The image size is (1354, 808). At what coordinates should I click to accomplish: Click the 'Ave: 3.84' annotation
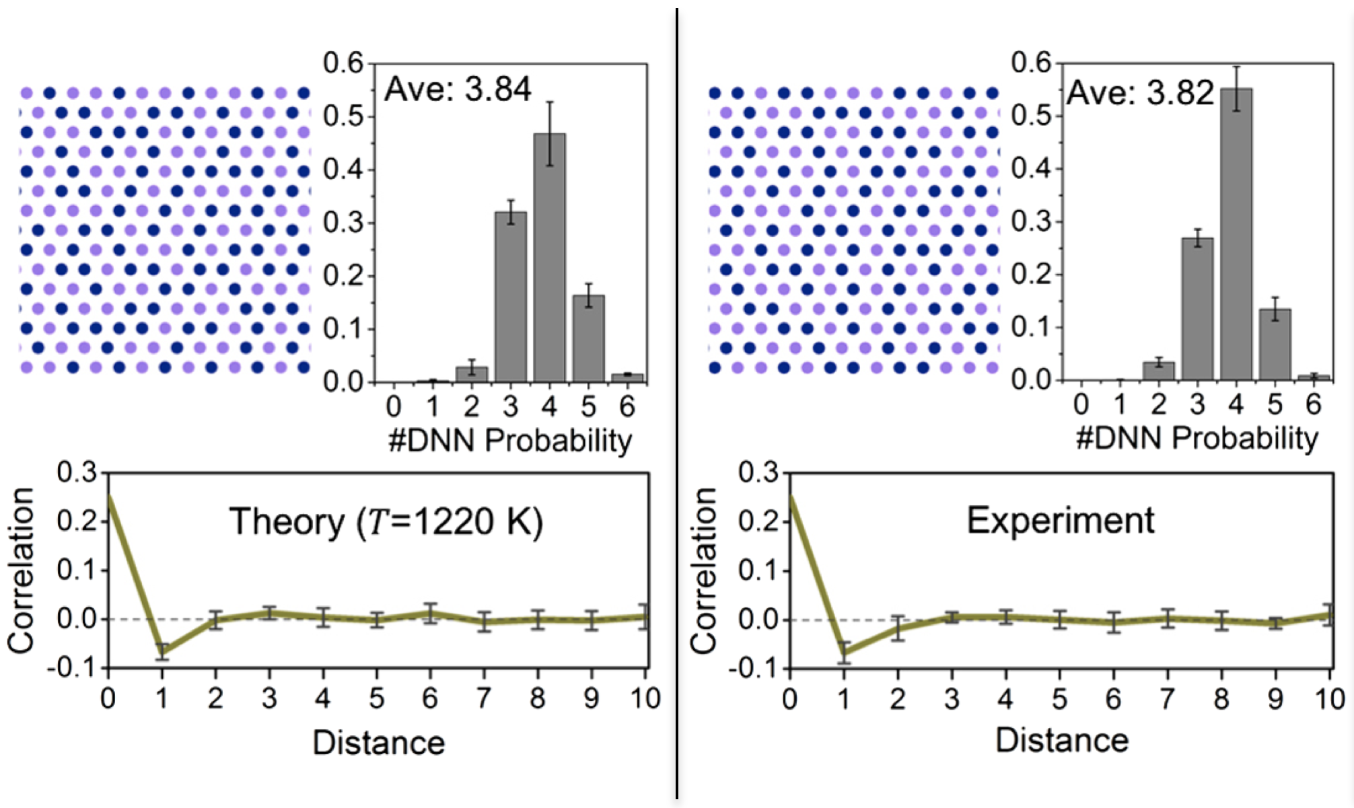(x=458, y=89)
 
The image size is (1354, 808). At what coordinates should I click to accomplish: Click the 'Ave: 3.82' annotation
(x=1140, y=93)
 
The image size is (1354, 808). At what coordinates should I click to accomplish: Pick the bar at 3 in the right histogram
(x=1198, y=309)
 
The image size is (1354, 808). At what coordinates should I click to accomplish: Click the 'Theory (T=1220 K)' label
(x=386, y=522)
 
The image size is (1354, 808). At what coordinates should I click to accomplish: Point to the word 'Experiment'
(x=1061, y=520)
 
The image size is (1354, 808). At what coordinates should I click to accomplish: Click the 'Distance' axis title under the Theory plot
(x=379, y=743)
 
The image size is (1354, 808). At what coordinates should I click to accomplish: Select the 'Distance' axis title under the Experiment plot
(x=1062, y=740)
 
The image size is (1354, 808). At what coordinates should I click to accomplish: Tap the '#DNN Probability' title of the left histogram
(x=510, y=441)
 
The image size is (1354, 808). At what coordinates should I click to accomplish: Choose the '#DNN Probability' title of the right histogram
(x=1197, y=438)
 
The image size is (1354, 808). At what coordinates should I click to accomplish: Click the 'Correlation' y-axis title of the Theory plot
(x=22, y=570)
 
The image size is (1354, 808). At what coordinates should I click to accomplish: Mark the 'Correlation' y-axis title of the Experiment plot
(x=704, y=570)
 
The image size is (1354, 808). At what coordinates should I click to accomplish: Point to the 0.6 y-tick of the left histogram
(x=343, y=63)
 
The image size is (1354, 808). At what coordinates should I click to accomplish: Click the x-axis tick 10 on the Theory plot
(x=645, y=698)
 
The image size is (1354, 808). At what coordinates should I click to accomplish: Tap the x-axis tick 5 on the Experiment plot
(x=1060, y=699)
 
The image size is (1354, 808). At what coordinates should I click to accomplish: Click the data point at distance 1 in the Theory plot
(x=162, y=651)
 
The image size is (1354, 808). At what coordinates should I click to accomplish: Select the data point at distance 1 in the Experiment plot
(x=844, y=652)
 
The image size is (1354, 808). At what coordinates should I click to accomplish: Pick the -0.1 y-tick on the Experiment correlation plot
(x=757, y=669)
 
